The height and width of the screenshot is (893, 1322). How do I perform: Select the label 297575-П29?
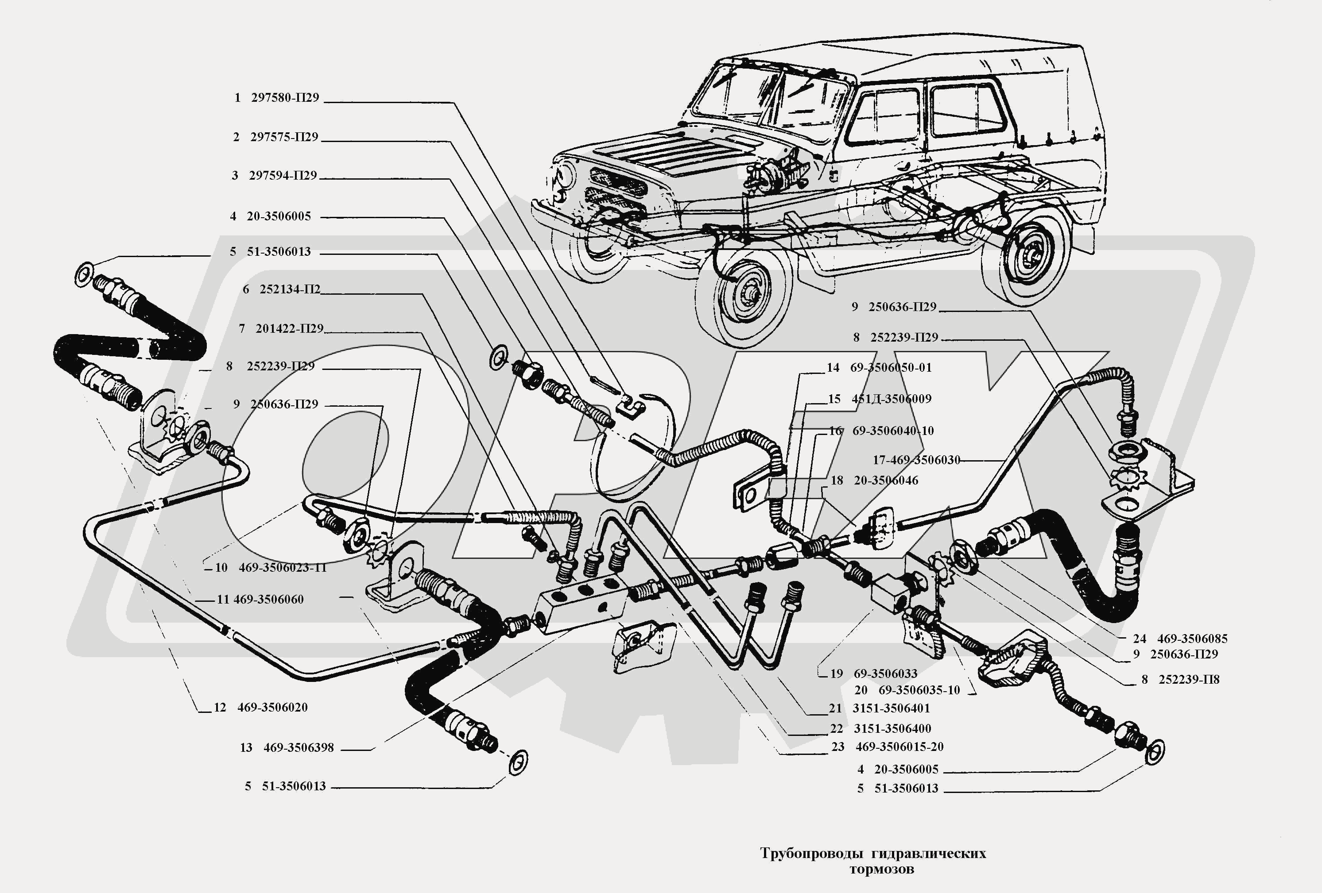coord(284,137)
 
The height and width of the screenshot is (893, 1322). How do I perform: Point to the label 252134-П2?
coord(290,289)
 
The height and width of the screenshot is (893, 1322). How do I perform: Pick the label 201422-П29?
coord(289,328)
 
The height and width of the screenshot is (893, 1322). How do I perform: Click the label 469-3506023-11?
coord(282,567)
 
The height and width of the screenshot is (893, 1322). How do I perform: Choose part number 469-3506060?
coord(268,599)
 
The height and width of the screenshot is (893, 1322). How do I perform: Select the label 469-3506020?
coord(272,707)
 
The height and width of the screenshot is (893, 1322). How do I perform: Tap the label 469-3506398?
coord(298,747)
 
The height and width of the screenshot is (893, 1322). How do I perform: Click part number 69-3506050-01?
coord(891,368)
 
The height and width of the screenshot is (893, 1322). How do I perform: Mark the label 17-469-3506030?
coord(916,460)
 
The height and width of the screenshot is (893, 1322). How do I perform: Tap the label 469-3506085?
coord(1192,639)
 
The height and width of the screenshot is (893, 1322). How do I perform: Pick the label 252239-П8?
coord(1189,679)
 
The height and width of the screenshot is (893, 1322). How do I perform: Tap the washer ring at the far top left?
coord(84,274)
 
